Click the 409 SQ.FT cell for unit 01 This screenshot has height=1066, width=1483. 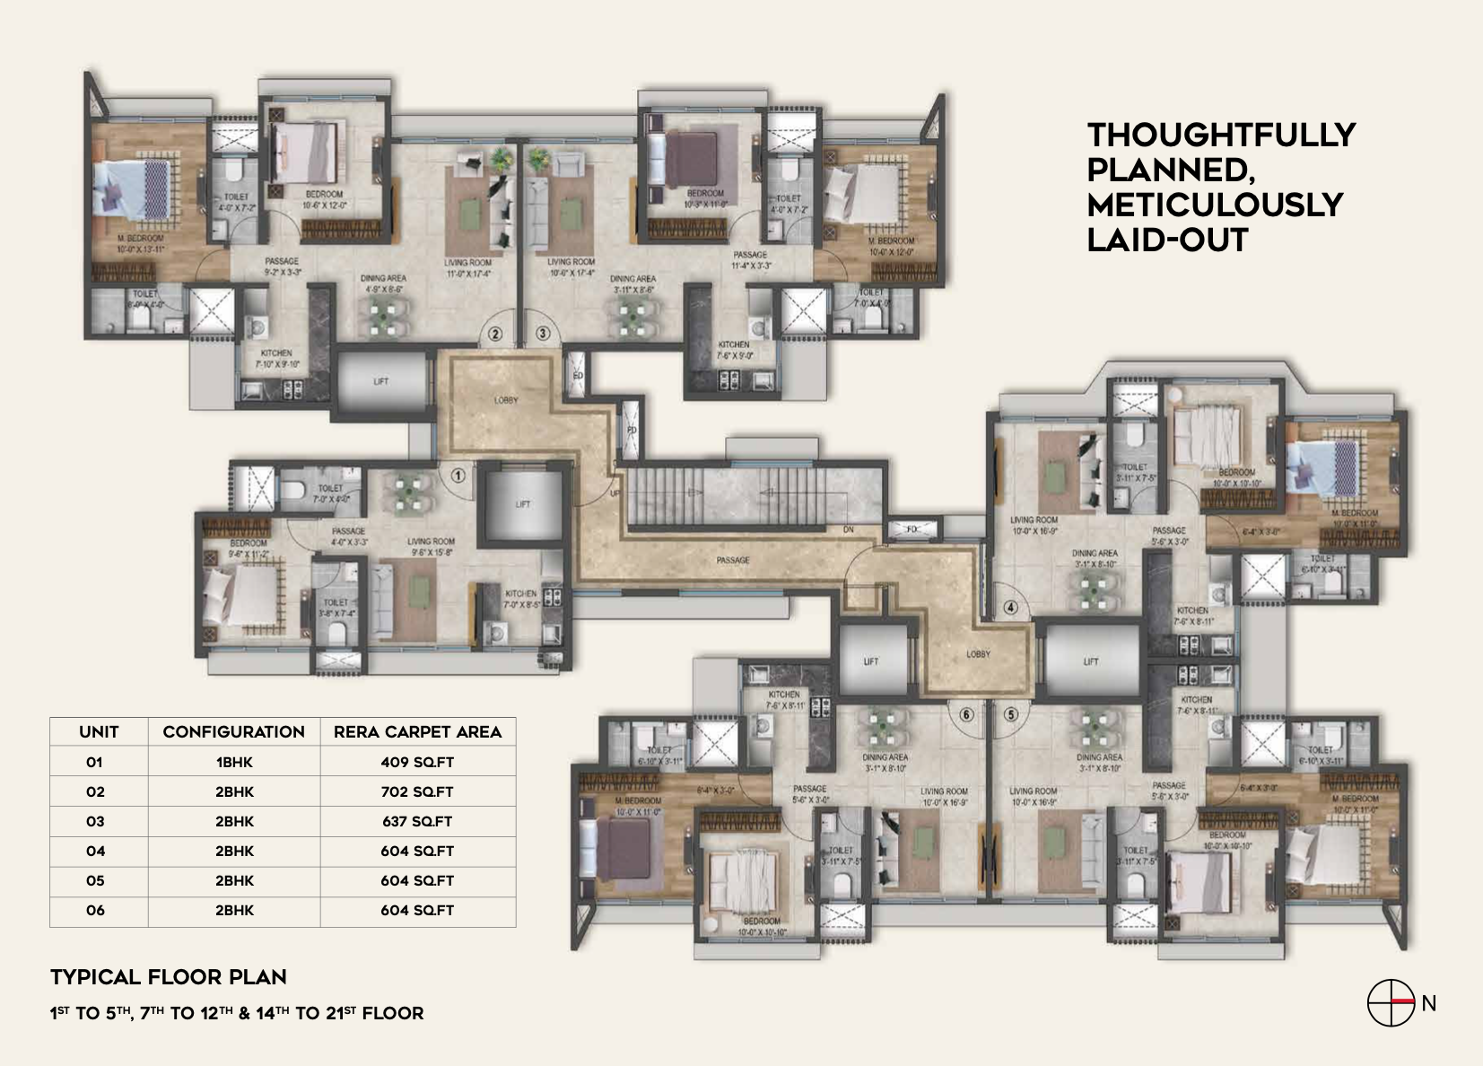point(417,762)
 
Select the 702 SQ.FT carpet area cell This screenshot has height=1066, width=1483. point(417,791)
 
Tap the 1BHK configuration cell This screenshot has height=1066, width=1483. point(234,762)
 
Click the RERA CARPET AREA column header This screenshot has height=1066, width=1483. point(417,731)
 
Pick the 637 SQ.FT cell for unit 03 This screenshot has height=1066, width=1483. point(417,821)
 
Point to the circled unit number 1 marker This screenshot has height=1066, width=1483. point(458,476)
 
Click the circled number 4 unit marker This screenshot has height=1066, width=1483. point(1011,607)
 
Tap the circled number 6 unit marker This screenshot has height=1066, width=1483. point(966,715)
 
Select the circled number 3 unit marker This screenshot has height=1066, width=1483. point(543,334)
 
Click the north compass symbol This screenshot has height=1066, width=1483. point(1391,1002)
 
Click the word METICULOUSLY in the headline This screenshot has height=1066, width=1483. point(1215,205)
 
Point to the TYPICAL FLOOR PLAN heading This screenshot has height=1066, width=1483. point(169,977)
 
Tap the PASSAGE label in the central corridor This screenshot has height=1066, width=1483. point(733,560)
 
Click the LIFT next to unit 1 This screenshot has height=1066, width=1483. point(523,503)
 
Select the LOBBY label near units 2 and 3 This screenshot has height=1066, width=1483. point(506,400)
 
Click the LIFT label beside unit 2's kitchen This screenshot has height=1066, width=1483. point(381,381)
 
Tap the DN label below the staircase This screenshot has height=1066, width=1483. point(848,530)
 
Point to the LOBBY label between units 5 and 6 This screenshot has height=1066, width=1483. point(979,654)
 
